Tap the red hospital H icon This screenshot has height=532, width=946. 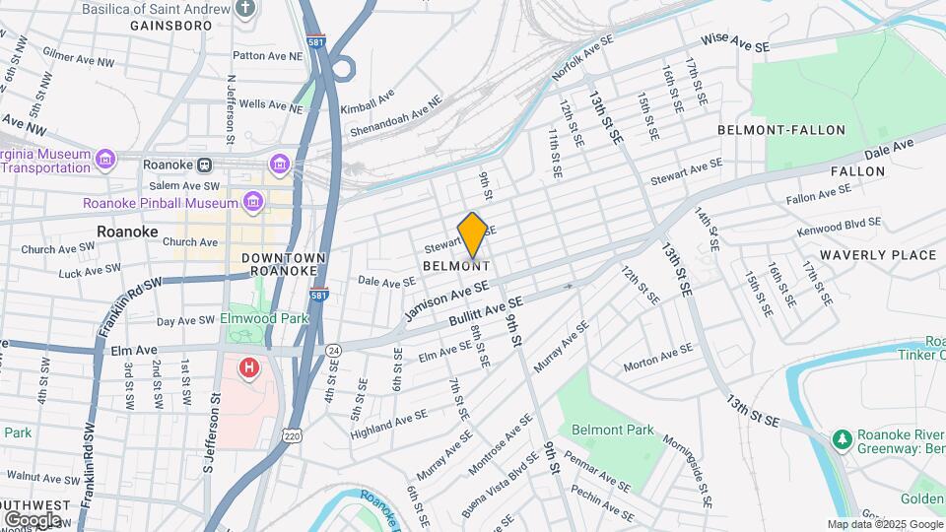[x=249, y=369]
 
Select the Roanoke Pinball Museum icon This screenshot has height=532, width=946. [x=253, y=203]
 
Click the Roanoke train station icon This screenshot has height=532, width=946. [x=205, y=165]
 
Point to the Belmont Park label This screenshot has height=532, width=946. [x=613, y=430]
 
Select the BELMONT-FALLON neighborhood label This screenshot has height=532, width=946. [x=781, y=130]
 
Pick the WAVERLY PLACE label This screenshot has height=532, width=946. [x=876, y=255]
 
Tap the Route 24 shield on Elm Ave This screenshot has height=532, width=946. [x=334, y=350]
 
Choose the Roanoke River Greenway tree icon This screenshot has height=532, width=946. [x=841, y=436]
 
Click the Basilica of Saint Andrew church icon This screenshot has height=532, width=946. [x=246, y=9]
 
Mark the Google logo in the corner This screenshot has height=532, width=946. [x=34, y=519]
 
